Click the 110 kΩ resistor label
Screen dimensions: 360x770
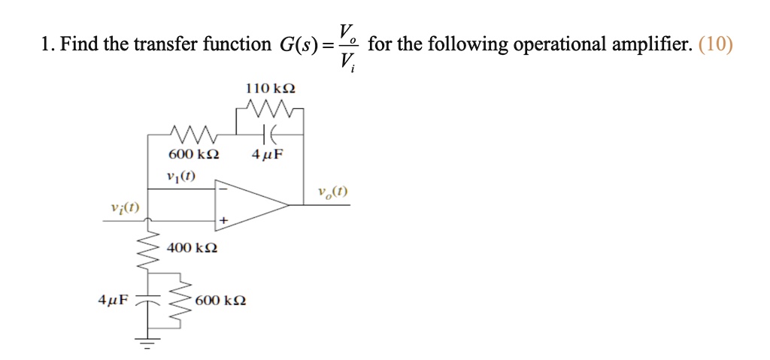tap(271, 89)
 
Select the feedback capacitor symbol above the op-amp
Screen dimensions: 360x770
tap(270, 135)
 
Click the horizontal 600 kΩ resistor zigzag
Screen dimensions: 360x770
tap(194, 135)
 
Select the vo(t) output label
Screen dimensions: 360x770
tap(332, 192)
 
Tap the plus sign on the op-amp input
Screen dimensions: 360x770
tap(223, 221)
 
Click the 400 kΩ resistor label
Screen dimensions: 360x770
tap(192, 247)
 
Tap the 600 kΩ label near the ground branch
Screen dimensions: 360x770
tap(220, 301)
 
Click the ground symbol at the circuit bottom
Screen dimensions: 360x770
tap(147, 346)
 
